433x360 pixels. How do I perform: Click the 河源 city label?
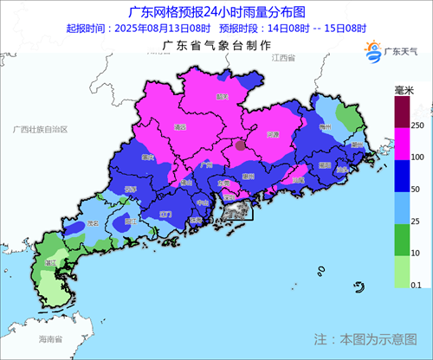(274, 134)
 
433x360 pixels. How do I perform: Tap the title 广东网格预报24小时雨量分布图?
(216, 12)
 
